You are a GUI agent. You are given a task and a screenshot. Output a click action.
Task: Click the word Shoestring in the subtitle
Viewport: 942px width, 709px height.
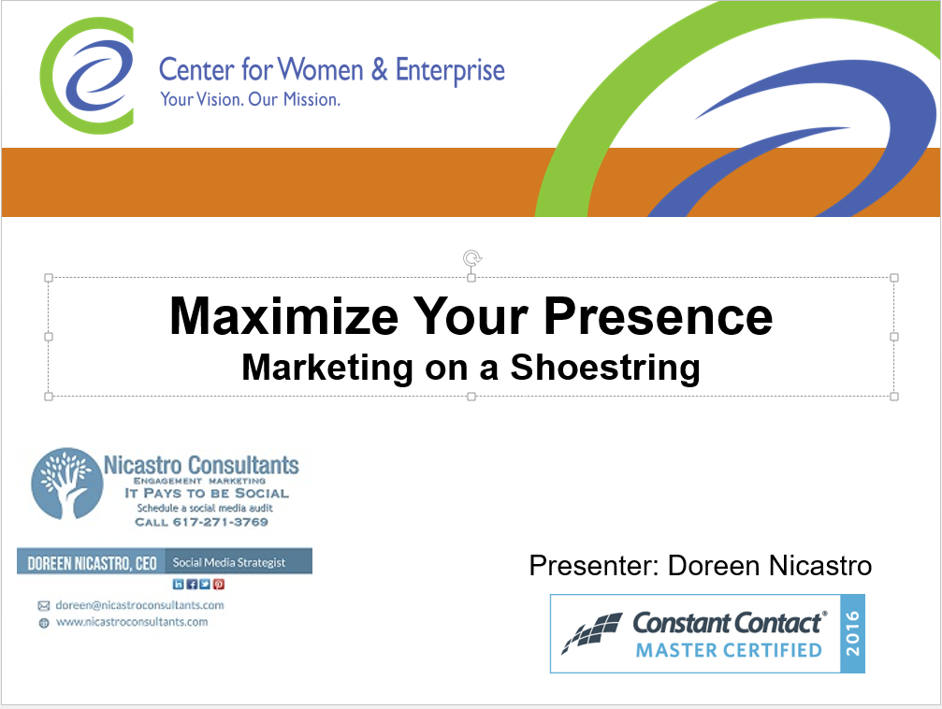tap(605, 368)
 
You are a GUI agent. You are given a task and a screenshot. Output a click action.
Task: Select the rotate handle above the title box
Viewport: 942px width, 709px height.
tap(472, 258)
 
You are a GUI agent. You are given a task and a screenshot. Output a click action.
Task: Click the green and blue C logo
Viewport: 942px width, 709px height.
tap(87, 76)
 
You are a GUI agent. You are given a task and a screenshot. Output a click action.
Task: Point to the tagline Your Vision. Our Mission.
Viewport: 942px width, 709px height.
tap(250, 99)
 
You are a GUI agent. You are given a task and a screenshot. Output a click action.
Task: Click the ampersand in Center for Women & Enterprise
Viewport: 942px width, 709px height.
tap(379, 69)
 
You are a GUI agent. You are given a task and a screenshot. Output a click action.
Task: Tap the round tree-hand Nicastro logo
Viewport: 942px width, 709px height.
tap(66, 483)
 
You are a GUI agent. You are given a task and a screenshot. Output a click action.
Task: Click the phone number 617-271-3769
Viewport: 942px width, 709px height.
tap(221, 522)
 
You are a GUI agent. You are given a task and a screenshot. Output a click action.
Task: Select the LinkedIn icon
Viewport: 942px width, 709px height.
tap(179, 584)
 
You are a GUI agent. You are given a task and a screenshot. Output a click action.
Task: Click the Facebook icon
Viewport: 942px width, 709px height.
tap(192, 584)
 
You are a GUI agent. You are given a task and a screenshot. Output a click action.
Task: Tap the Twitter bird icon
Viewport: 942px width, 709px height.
tap(205, 584)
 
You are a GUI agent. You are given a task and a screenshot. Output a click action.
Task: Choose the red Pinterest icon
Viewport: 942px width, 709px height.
tap(219, 584)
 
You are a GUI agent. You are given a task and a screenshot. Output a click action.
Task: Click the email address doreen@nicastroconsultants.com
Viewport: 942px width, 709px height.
tap(140, 605)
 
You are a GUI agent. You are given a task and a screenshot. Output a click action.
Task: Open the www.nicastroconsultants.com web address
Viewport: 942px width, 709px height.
tap(132, 622)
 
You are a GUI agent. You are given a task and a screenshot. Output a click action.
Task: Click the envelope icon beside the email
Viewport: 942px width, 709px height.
tap(44, 606)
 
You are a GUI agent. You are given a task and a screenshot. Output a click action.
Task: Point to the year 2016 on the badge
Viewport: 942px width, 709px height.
tap(852, 633)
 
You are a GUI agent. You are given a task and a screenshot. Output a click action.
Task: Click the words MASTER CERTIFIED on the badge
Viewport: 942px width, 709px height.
tap(729, 650)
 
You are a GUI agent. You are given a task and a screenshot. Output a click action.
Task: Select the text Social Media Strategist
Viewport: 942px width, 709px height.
tap(229, 562)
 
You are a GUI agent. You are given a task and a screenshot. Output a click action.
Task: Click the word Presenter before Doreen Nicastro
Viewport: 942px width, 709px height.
tap(594, 565)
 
